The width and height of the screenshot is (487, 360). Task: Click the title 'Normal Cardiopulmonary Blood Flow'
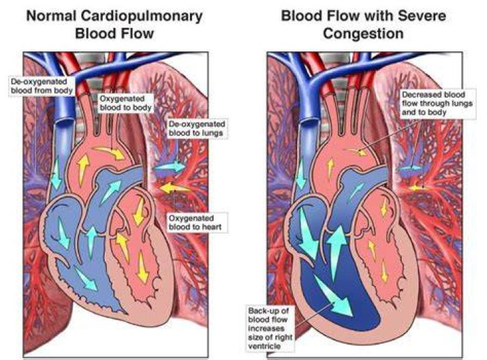tap(114, 24)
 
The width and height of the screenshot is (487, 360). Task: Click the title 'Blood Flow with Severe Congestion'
tap(363, 24)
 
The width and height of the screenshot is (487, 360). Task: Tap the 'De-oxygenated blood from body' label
tap(42, 86)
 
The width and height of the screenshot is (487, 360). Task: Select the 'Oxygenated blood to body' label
tap(126, 103)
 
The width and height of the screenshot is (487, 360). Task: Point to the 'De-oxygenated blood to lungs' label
tap(197, 129)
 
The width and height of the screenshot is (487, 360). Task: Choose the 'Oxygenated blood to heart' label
tap(195, 223)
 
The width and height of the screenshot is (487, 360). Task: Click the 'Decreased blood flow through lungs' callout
tap(438, 103)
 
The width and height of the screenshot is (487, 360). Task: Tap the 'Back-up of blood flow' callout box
tap(270, 328)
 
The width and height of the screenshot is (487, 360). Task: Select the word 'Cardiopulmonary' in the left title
tap(141, 16)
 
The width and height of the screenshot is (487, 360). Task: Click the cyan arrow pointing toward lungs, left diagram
tap(170, 167)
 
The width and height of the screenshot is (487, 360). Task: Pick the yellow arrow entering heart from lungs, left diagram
tap(175, 188)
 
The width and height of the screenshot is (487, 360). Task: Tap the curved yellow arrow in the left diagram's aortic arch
tap(110, 152)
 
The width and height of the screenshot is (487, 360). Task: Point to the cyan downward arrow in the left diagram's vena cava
tap(56, 173)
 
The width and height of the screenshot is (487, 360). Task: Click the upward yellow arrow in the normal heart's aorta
tap(83, 169)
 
